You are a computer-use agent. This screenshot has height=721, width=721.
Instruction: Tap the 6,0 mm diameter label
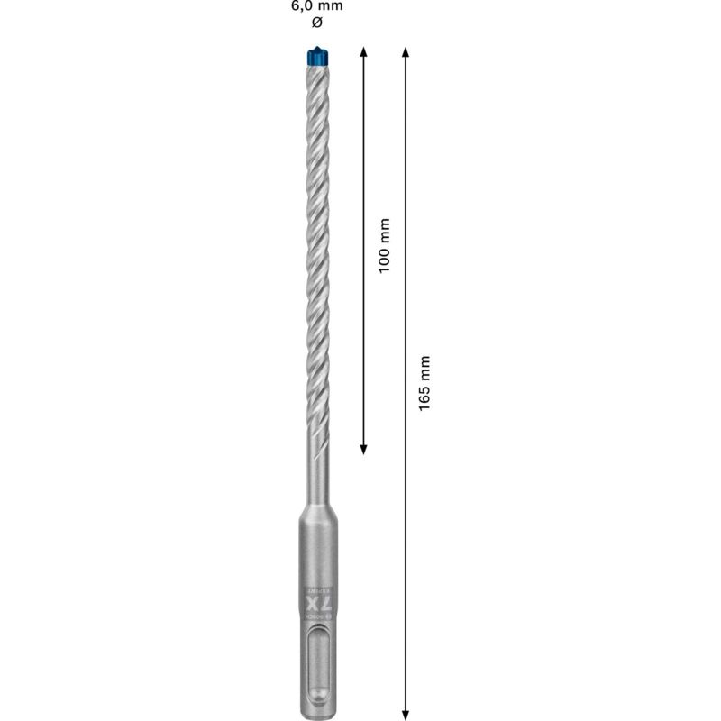pyautogui.click(x=316, y=5)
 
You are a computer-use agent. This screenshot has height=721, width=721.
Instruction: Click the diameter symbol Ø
pyautogui.click(x=315, y=22)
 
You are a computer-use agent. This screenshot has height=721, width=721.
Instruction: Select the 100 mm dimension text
pyautogui.click(x=385, y=246)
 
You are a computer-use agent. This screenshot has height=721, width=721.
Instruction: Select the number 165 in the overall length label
pyautogui.click(x=426, y=395)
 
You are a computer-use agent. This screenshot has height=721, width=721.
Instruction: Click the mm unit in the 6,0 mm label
pyautogui.click(x=330, y=5)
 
